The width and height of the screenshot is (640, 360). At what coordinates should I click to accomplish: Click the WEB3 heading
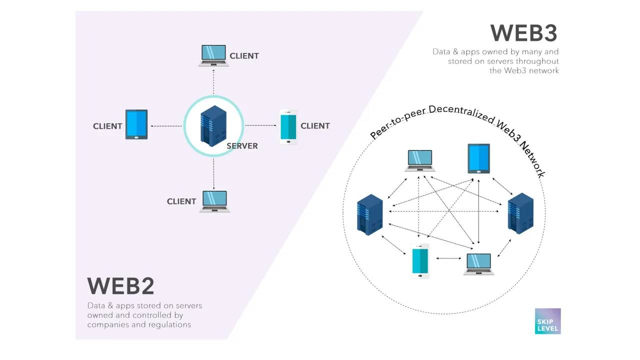tap(523, 33)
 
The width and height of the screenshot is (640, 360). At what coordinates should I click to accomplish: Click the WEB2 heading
tap(120, 286)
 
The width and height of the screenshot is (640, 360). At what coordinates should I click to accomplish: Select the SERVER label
tap(242, 146)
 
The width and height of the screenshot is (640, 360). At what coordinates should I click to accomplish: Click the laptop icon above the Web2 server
tap(213, 55)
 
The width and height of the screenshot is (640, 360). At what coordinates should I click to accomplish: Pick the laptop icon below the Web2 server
tap(214, 201)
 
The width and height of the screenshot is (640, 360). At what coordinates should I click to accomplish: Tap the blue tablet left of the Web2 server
tap(136, 124)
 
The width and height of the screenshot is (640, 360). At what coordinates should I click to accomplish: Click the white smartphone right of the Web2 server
tap(288, 127)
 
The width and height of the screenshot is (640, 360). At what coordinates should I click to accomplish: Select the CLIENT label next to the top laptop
tap(244, 56)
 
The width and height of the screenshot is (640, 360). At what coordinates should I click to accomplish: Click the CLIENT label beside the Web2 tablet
tap(107, 126)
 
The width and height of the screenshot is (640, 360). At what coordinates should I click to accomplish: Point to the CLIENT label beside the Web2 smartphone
tap(315, 125)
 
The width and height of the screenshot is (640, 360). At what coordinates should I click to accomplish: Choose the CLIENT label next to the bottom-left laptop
tap(181, 201)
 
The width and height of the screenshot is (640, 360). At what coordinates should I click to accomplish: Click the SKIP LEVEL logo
tap(547, 321)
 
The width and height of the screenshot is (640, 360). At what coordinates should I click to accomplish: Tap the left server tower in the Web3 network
tap(370, 215)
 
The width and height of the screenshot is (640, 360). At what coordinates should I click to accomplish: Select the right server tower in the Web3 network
tap(520, 214)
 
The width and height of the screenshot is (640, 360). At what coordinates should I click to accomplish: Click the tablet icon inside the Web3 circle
tap(478, 158)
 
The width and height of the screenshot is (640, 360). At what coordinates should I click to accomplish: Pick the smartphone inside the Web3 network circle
tap(420, 261)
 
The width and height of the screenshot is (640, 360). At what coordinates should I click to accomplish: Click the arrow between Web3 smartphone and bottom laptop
tap(448, 258)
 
